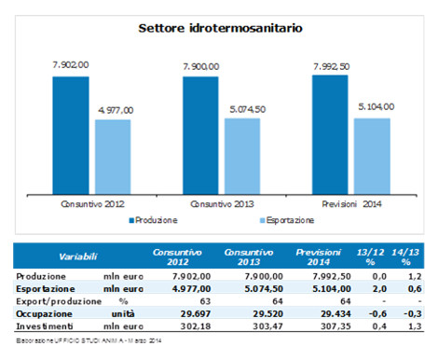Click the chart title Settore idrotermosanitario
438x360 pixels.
(x=219, y=28)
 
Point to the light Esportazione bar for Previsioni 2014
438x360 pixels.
(x=373, y=154)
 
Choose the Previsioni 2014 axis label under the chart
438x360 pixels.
(x=351, y=203)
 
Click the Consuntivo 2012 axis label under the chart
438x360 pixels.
(x=92, y=203)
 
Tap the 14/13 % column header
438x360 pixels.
(x=404, y=255)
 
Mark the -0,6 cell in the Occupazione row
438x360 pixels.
(x=368, y=315)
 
